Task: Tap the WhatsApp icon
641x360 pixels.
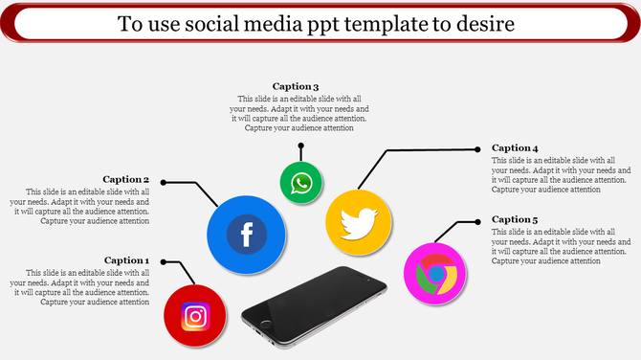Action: (301, 182)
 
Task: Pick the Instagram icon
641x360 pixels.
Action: (195, 315)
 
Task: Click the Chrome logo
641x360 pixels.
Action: (435, 274)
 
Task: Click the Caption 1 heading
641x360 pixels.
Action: (127, 260)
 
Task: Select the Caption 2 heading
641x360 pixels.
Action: (127, 179)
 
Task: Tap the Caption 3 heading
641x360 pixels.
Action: (296, 86)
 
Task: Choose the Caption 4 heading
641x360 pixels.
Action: (515, 147)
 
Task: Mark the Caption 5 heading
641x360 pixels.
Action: (515, 219)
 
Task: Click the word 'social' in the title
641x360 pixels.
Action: (222, 23)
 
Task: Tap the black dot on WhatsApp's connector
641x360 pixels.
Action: (301, 146)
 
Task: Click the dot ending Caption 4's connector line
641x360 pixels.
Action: (478, 148)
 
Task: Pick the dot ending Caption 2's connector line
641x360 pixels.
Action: (164, 181)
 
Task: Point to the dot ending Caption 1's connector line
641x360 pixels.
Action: (164, 261)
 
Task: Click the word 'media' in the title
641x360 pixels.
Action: (290, 23)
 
